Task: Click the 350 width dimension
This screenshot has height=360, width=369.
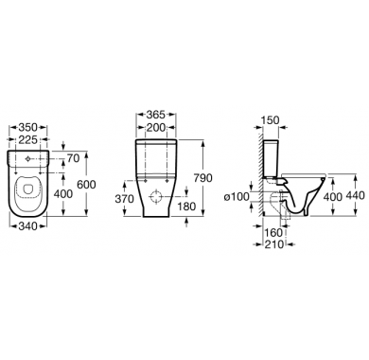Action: tap(28, 128)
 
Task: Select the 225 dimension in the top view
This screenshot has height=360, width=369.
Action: tap(28, 139)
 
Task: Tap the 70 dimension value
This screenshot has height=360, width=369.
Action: tap(73, 158)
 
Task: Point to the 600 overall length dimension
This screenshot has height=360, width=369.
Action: tap(86, 185)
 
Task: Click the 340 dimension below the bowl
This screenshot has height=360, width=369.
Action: tap(28, 225)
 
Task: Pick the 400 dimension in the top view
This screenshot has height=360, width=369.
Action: tap(63, 194)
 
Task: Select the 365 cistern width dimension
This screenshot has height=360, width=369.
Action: tap(155, 115)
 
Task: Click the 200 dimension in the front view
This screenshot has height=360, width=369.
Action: tap(155, 128)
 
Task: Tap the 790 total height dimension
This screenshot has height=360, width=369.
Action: tap(202, 178)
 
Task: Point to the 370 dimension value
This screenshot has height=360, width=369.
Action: tap(125, 199)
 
